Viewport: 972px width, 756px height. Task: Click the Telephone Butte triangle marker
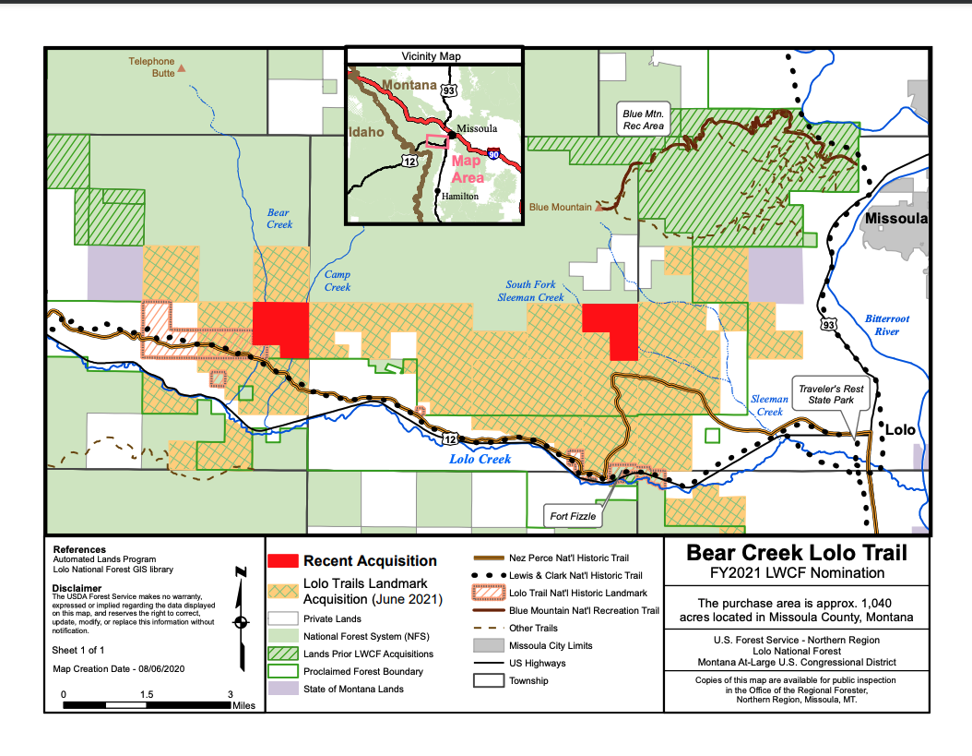[x=182, y=67]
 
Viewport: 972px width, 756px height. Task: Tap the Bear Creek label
[x=279, y=219]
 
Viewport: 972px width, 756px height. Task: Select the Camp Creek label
[x=338, y=281]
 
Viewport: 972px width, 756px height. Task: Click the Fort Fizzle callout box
[x=573, y=516]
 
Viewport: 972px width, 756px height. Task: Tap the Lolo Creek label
[x=480, y=459]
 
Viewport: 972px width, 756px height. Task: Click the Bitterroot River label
[x=887, y=325]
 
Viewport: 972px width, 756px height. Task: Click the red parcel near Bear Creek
[x=280, y=329]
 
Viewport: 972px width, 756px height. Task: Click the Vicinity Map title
[x=431, y=56]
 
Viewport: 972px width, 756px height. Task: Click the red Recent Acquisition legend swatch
[x=282, y=561]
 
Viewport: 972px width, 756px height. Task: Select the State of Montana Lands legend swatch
[x=282, y=689]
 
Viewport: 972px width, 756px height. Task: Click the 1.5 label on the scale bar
[x=146, y=694]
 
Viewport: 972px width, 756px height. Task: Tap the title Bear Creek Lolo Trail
[x=797, y=553]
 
